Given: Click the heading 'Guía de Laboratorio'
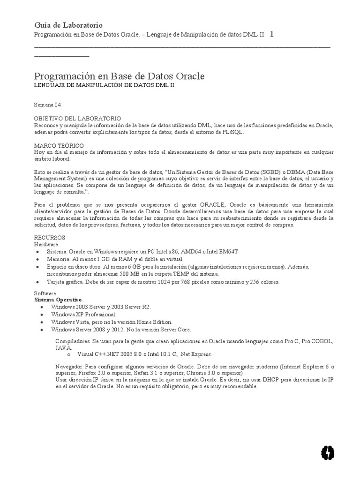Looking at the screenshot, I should pyautogui.click(x=68, y=25).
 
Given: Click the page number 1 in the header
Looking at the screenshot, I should pyautogui.click(x=272, y=35).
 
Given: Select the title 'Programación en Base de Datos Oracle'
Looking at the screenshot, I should pyautogui.click(x=120, y=76).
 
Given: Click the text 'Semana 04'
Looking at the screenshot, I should pyautogui.click(x=48, y=105).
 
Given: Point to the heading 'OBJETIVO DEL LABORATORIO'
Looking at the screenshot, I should pyautogui.click(x=77, y=119).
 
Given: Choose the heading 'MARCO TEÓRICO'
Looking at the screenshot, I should pyautogui.click(x=59, y=146).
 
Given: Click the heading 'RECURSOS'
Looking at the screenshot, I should pyautogui.click(x=50, y=238).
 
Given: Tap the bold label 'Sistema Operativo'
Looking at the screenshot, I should pyautogui.click(x=59, y=300).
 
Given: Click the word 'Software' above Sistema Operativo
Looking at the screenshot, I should pyautogui.click(x=45, y=293).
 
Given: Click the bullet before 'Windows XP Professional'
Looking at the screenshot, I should pyautogui.click(x=42, y=315).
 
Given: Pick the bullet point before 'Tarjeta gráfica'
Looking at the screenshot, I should pyautogui.click(x=37, y=283).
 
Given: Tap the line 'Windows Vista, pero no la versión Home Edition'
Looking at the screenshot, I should pyautogui.click(x=112, y=322).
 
